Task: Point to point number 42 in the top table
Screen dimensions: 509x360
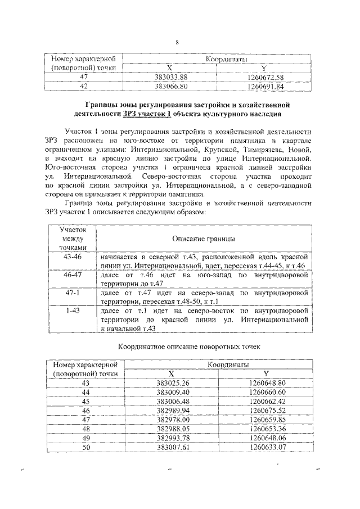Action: (x=84, y=87)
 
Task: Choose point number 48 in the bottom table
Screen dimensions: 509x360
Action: (x=85, y=428)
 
